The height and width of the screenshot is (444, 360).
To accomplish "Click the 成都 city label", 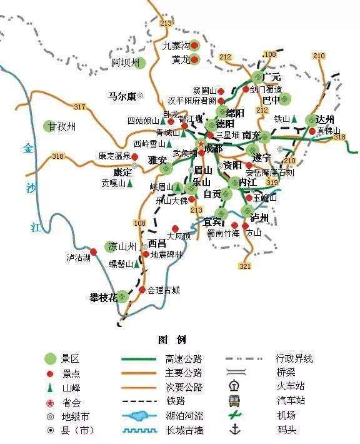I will [212, 148].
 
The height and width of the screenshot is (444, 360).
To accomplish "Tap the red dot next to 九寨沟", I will [194, 45].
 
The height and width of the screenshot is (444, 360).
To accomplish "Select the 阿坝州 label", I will [124, 63].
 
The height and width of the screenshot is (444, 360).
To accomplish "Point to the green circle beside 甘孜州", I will [49, 126].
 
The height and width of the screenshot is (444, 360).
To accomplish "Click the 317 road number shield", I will [79, 107].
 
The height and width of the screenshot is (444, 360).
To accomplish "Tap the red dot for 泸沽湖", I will [94, 252].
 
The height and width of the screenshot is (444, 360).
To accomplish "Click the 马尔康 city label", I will [121, 96].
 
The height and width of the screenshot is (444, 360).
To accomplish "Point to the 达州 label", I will [325, 119].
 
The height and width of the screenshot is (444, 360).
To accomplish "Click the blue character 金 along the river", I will [28, 149].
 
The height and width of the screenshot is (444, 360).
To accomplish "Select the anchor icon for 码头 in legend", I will [236, 429].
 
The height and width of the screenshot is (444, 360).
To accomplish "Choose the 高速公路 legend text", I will [184, 359].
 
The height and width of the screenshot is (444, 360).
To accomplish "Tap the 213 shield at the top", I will [166, 24].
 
